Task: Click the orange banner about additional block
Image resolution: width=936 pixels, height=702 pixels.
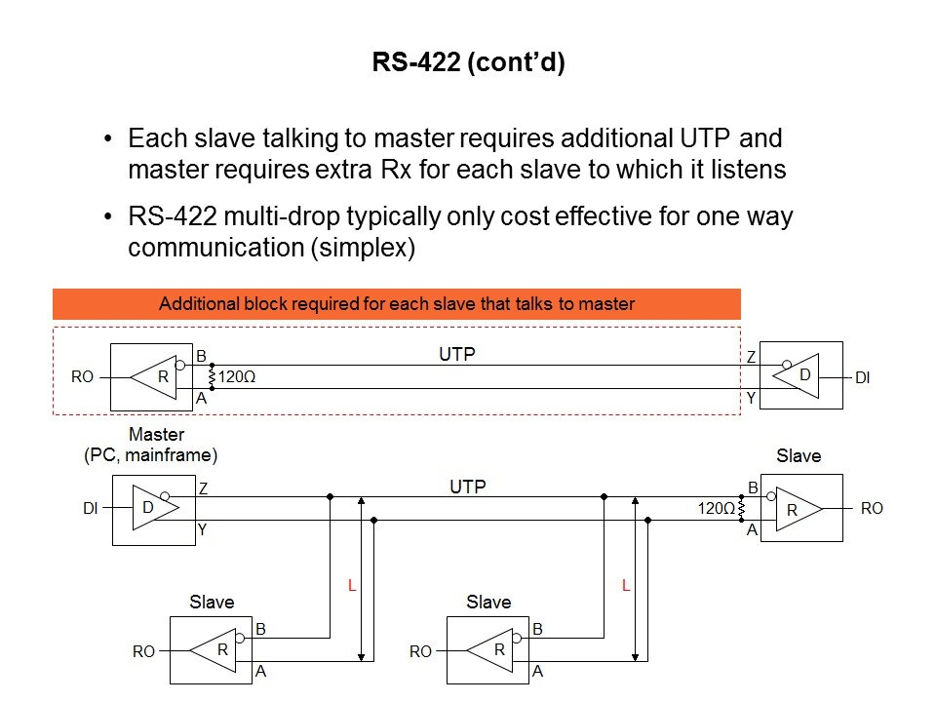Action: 396,304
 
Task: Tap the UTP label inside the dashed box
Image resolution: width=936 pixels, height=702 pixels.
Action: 456,356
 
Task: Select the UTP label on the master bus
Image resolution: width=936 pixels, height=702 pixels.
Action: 468,486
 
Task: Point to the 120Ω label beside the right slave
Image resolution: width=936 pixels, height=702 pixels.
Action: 717,508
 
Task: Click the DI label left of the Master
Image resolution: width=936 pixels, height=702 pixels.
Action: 90,508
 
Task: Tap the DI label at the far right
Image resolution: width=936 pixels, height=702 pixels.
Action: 862,376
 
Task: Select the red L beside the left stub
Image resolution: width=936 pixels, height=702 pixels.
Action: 351,585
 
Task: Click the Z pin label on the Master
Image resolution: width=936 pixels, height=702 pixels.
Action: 202,487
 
